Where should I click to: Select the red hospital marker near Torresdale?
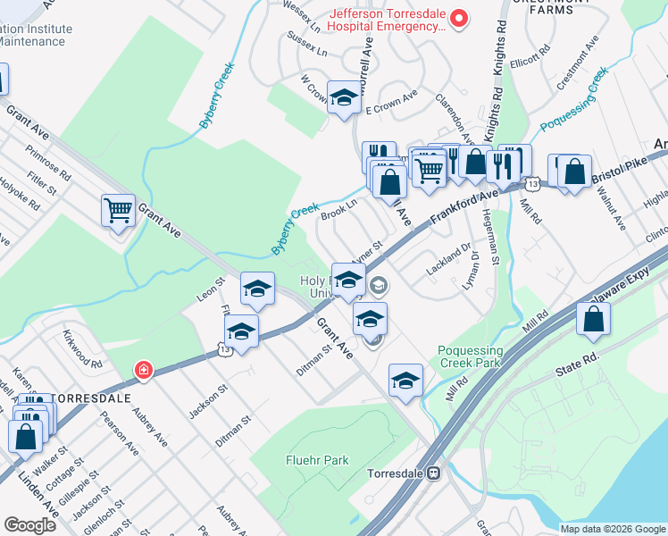click(x=141, y=369)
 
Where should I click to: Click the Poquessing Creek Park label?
click(x=471, y=356)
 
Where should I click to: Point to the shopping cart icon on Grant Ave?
click(x=118, y=211)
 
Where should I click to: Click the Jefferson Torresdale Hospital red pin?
click(x=459, y=17)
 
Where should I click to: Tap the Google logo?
click(x=29, y=524)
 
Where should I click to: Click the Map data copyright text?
click(x=612, y=529)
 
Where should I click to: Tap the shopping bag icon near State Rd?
click(x=593, y=319)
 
